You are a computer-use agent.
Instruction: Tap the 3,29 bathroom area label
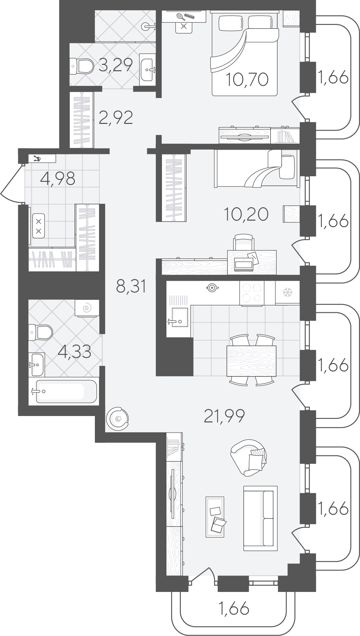point(116,65)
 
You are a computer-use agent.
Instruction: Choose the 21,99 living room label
point(225,416)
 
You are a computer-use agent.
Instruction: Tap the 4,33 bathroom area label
point(75,352)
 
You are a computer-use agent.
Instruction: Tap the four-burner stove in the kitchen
point(252,293)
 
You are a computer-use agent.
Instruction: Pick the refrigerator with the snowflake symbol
point(287,292)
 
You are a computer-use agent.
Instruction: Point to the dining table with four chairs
point(251,360)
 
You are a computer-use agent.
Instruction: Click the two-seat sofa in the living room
point(260,518)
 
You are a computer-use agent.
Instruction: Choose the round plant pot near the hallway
point(117,419)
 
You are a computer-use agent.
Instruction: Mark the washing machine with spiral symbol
point(87,308)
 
